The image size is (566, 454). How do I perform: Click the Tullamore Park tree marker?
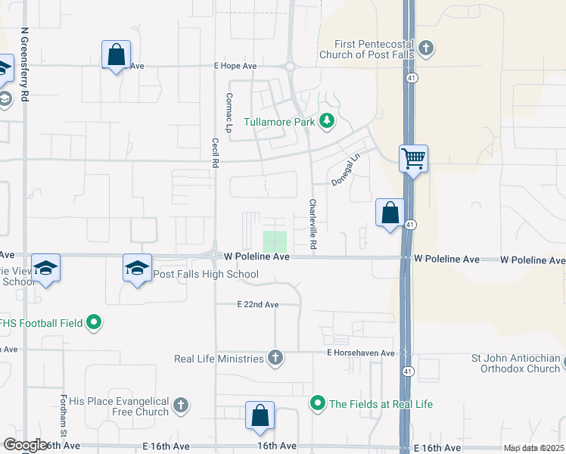tap(327, 120)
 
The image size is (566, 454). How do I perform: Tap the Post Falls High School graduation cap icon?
tap(137, 269)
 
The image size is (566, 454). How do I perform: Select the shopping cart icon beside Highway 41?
tap(414, 159)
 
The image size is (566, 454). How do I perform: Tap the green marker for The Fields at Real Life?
tap(319, 404)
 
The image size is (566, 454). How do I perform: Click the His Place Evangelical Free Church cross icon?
tap(180, 406)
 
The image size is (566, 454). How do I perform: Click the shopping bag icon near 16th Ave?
tap(260, 415)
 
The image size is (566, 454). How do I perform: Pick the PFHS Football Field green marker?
tap(94, 323)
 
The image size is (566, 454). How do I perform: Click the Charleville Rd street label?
tap(312, 225)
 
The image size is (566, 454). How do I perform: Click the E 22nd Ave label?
tap(257, 304)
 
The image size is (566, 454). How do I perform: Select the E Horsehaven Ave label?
tap(361, 353)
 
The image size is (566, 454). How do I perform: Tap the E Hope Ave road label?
tap(235, 66)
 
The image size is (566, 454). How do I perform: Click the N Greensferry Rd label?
tap(25, 66)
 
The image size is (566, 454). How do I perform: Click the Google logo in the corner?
tap(26, 445)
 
